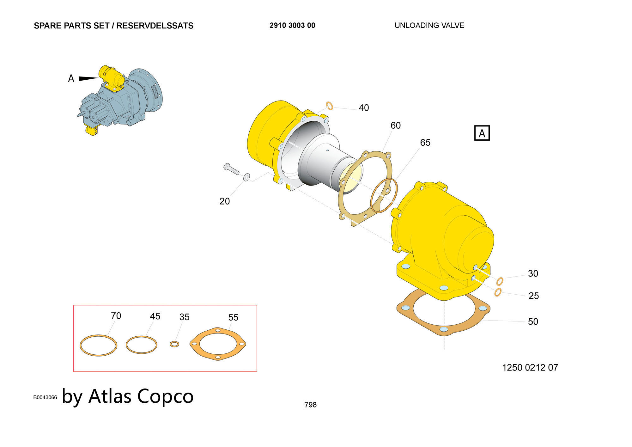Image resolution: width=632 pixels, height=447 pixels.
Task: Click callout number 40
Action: tap(364, 108)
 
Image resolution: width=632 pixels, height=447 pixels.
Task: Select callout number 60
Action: tap(396, 126)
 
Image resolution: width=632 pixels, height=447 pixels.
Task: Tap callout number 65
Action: tap(425, 143)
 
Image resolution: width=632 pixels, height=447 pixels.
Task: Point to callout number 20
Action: tap(225, 201)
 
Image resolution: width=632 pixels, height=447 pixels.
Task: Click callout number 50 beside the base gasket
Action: tap(533, 321)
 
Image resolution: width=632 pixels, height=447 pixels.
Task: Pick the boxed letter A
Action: tap(482, 133)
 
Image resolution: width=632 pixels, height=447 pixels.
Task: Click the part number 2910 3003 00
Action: tap(292, 26)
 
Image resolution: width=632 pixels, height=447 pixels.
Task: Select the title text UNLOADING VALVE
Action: tap(429, 25)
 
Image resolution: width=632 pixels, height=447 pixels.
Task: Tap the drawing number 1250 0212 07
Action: tap(530, 367)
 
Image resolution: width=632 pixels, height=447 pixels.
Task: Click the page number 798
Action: tap(310, 405)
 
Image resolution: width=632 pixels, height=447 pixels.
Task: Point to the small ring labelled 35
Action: tap(174, 344)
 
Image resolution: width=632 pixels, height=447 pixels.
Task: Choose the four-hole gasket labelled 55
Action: tap(218, 344)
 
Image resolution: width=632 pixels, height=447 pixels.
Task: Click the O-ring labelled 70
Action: tap(98, 346)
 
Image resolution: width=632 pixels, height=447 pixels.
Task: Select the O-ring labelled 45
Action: tap(142, 345)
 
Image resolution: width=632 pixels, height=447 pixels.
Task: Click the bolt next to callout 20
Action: tap(231, 169)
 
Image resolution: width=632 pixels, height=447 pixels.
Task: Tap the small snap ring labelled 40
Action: tap(330, 106)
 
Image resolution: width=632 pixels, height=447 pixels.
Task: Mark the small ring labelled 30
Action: tap(500, 281)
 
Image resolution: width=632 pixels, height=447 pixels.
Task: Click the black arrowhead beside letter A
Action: tap(89, 78)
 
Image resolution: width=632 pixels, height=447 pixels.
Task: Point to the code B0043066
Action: tap(45, 397)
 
